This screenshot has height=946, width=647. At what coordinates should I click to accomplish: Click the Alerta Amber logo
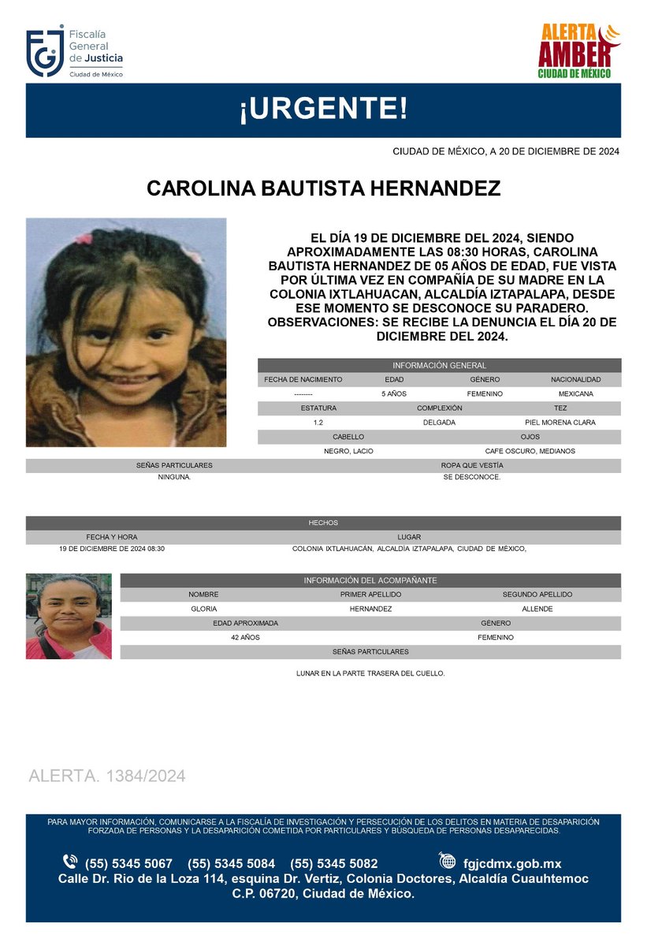pos(578,51)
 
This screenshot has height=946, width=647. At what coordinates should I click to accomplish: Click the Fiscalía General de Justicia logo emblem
pos(44,53)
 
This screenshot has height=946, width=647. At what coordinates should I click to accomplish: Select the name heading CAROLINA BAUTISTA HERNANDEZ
pos(323,189)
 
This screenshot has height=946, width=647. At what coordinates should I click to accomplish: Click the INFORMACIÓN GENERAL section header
pos(439,366)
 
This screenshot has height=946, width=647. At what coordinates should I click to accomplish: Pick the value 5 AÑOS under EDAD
pos(394,393)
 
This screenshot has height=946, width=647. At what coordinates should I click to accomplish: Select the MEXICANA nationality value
pos(576,393)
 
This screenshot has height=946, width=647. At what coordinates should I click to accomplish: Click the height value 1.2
pos(318,423)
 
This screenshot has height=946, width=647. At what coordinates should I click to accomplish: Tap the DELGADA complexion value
pos(439,423)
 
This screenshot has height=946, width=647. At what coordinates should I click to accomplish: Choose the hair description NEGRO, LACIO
pos(348,451)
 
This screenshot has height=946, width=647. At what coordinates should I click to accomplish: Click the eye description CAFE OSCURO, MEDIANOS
pos(530,451)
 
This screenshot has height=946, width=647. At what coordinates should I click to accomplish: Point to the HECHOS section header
pos(323,523)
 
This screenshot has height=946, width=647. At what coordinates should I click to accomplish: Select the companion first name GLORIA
pos(203,609)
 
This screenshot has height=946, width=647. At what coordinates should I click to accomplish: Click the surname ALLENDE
pos(537,609)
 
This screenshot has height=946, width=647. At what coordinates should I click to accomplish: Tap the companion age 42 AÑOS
pos(245,637)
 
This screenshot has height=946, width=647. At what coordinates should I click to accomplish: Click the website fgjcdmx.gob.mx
pos(512,863)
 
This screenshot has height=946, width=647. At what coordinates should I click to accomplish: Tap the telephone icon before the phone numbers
pos(70,862)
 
